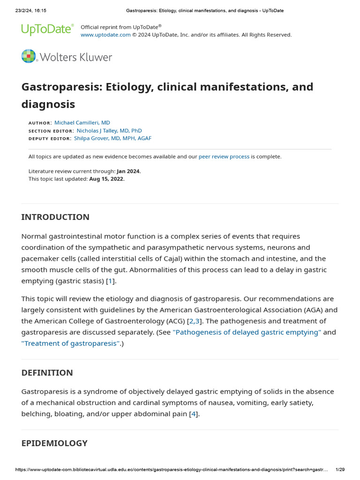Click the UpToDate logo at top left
47,30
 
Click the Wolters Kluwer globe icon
29,56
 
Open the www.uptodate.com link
105,35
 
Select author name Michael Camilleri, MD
82,123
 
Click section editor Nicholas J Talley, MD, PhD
109,131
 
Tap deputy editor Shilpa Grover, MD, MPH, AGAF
112,138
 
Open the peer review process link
224,157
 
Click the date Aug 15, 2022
107,179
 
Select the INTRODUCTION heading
55,217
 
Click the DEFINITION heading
47,373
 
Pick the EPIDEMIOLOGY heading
54,443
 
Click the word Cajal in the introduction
142,259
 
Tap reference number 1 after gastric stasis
110,281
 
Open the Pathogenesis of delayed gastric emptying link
247,332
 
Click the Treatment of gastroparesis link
70,344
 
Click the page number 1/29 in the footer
340,470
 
